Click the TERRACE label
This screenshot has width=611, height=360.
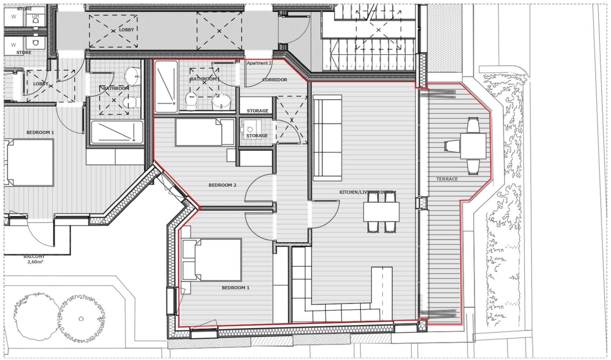[x=447, y=179]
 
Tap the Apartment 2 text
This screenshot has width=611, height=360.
[x=259, y=63]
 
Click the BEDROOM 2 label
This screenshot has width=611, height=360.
[x=222, y=185]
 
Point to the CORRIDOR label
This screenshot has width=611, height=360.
[x=274, y=80]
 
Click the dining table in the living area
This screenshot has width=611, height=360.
[x=381, y=212]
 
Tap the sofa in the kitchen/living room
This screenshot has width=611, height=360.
[x=327, y=138]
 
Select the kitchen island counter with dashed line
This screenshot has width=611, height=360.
[x=382, y=291]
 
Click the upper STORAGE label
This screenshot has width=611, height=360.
[x=257, y=111]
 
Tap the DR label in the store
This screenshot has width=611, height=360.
[x=35, y=16]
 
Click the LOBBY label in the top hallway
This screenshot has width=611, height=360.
[x=126, y=30]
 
